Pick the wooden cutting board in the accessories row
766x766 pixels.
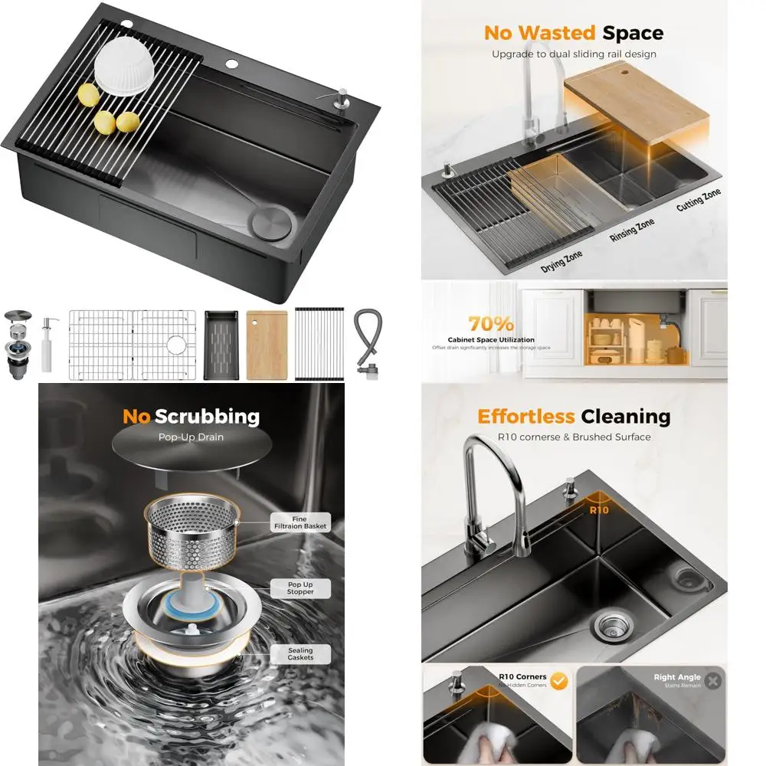(x=267, y=345)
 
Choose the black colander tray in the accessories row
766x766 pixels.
(x=222, y=345)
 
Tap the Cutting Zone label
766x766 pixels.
(x=699, y=201)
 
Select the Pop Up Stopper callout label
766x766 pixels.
(x=300, y=588)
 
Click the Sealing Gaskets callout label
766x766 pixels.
(x=300, y=654)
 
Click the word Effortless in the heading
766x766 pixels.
(x=525, y=417)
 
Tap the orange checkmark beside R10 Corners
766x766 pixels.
(x=559, y=681)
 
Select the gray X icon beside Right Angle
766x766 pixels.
(x=713, y=680)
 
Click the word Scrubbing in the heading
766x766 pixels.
(x=207, y=417)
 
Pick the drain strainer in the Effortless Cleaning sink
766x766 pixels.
(x=611, y=624)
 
